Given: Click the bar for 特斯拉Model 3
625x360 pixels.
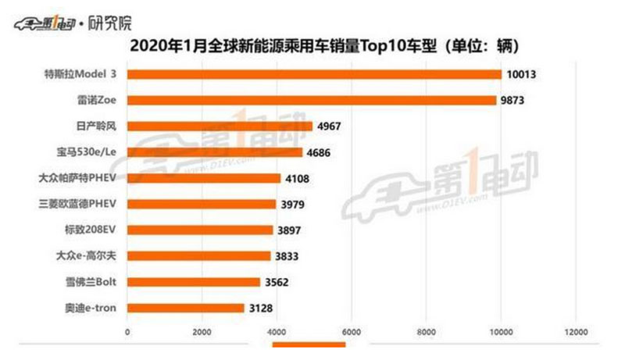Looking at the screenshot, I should [x=314, y=74].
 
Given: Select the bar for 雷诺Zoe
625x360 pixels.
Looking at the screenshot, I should [x=312, y=100].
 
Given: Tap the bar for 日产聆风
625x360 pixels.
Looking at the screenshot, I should [x=220, y=126].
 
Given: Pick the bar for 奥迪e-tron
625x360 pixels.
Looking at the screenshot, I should [x=186, y=308].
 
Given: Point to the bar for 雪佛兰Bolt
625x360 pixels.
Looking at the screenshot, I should [x=194, y=282].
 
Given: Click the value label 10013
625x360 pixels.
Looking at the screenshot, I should [x=523, y=75].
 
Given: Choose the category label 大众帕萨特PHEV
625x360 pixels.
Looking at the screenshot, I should [x=77, y=178].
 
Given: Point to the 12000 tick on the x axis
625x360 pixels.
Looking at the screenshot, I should [x=576, y=332].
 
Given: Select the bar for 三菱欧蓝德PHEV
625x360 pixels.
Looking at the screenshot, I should [x=202, y=204].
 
